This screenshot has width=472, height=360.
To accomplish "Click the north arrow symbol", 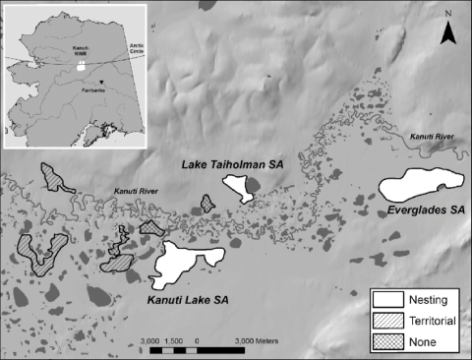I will click(x=448, y=34).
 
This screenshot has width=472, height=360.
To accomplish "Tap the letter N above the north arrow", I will click(x=448, y=14).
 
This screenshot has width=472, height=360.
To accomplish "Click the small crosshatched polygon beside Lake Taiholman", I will click(x=207, y=203).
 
